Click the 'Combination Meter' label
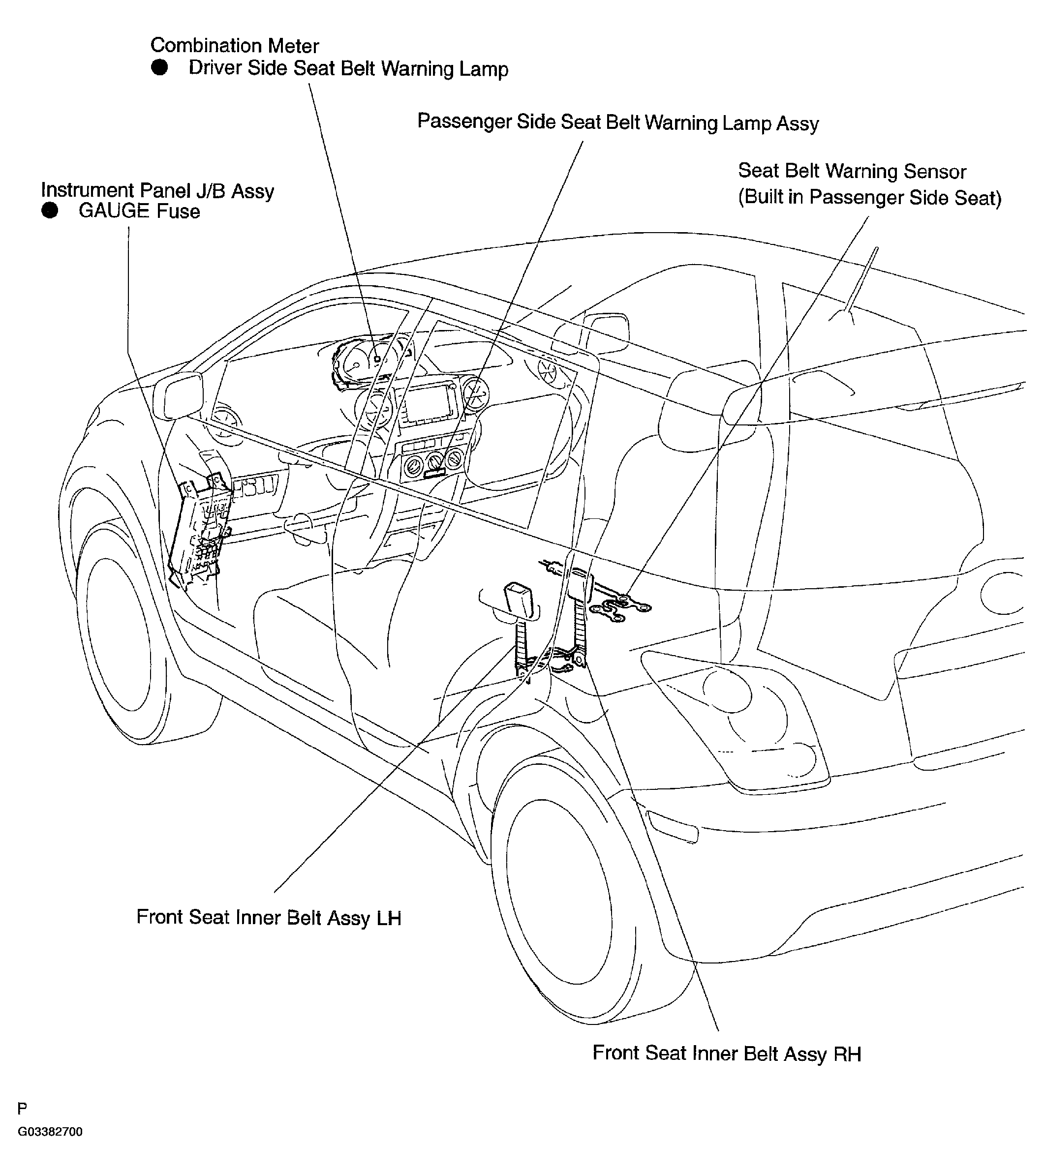tap(234, 46)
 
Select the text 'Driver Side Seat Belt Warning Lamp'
tap(348, 68)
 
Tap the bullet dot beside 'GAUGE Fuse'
tap(50, 211)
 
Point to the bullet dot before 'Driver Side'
tap(159, 68)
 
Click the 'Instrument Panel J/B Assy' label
tap(157, 190)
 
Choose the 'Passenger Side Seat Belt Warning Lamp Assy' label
tap(618, 122)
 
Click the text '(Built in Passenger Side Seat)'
tap(869, 197)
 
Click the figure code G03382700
tap(50, 1132)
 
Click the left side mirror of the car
tap(183, 395)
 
